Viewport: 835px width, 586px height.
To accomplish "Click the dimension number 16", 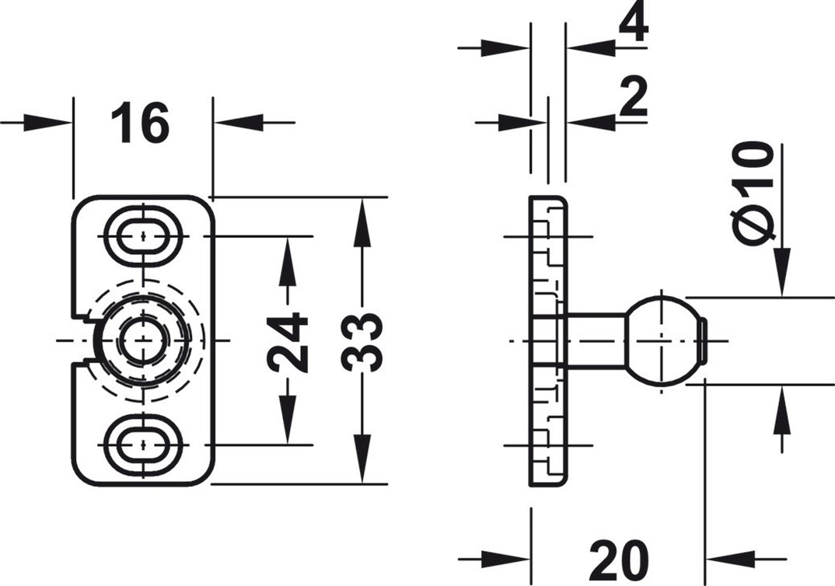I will pos(140,124).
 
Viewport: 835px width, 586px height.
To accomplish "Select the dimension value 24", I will pos(288,341).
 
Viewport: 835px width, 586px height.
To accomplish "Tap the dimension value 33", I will pos(362,341).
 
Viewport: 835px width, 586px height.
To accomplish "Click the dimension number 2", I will pos(634,99).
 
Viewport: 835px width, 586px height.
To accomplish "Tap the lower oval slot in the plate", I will pos(144,445).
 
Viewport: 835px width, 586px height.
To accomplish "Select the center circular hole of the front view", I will pos(144,340).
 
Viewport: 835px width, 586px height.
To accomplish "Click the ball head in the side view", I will pos(662,340).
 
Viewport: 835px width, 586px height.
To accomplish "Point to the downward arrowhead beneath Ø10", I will pos(781,272).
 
